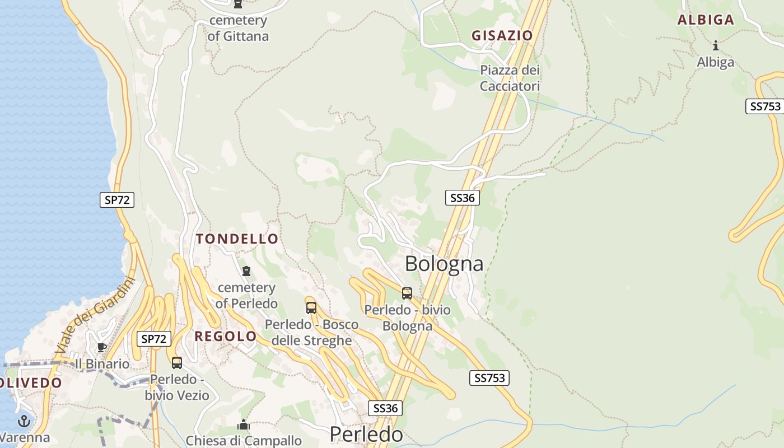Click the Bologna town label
coord(444,263)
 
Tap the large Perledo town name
coord(366,435)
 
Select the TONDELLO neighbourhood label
coord(237,239)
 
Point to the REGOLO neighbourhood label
coord(226,337)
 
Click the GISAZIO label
coord(502,36)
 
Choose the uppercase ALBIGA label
coord(706,20)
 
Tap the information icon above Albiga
coord(715,46)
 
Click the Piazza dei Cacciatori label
coord(510,78)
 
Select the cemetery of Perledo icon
coord(246,272)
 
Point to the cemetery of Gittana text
coord(238,29)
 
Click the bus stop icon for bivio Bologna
coord(407,293)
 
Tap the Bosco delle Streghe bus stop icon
coord(311,307)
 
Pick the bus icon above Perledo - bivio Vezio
coord(177,362)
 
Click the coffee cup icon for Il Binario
coord(101,347)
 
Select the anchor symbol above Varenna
coord(24,421)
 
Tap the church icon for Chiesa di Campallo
coord(243,425)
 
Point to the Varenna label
coord(25,437)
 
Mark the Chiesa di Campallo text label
coord(244,441)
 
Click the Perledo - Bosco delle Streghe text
coord(311,332)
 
